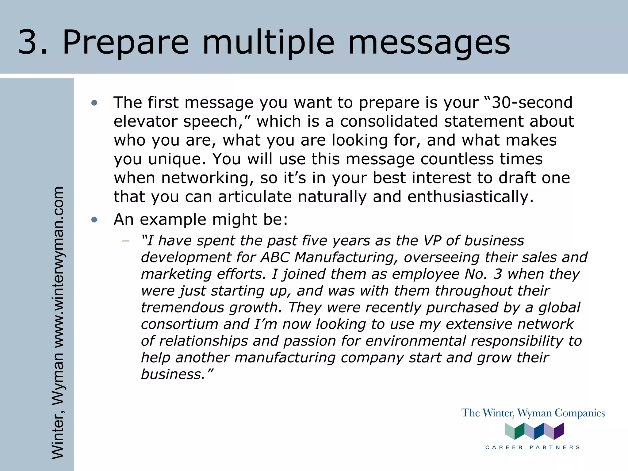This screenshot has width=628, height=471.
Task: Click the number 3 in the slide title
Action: coord(29,42)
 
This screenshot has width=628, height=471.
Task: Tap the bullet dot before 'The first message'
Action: coord(94,103)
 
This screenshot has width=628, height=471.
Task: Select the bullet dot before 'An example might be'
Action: coord(94,220)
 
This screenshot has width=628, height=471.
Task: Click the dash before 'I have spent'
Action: coord(125,241)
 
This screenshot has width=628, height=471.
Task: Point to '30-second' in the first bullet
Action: coord(532,102)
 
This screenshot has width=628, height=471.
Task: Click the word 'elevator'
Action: coord(145,121)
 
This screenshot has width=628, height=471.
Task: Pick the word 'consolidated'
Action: coord(389,121)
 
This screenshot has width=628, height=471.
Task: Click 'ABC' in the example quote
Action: coord(275,257)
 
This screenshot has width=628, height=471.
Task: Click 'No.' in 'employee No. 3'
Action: coord(476,274)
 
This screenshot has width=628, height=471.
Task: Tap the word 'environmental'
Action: coord(415,341)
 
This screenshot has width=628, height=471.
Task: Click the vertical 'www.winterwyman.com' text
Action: coord(58,267)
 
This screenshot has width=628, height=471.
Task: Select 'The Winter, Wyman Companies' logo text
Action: coord(533,413)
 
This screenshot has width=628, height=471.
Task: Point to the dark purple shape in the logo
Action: coord(559,431)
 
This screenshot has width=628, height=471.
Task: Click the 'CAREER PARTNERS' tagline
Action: coord(533,447)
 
